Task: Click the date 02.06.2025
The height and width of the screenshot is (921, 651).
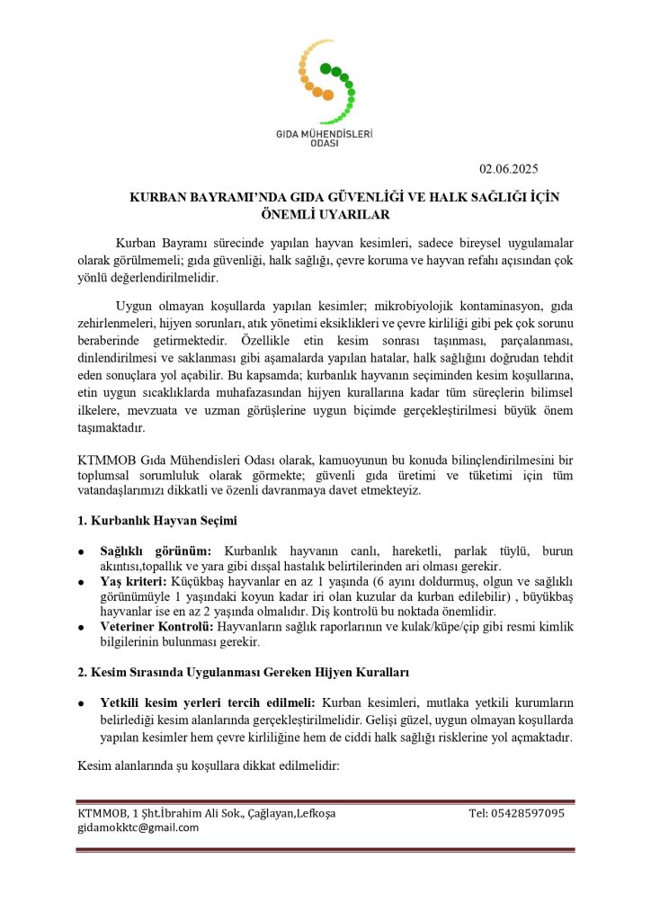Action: [509, 167]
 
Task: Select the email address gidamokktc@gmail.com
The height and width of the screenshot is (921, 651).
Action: [138, 827]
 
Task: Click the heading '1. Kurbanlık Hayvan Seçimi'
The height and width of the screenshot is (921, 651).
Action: [157, 521]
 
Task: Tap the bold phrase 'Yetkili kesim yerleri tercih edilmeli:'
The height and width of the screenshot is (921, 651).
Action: [208, 702]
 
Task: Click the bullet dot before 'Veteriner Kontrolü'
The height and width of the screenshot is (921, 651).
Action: [82, 628]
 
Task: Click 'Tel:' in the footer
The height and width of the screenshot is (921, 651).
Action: [478, 813]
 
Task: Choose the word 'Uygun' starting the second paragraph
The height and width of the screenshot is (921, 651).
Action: [134, 306]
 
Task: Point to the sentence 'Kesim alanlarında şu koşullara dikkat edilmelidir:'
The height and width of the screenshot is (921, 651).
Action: [208, 765]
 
